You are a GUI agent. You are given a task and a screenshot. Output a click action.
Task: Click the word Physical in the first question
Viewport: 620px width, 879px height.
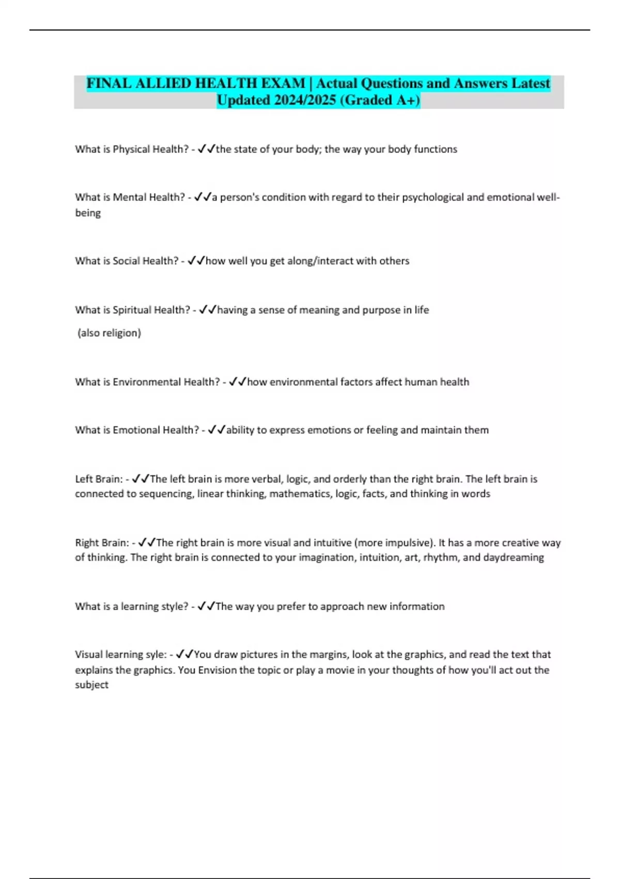coord(132,149)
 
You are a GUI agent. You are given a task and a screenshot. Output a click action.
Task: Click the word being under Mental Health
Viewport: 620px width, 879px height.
coord(88,213)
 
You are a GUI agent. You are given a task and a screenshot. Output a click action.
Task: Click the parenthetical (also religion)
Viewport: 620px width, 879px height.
coord(109,332)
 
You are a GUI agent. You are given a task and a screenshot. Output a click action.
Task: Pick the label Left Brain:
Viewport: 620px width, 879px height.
coord(99,479)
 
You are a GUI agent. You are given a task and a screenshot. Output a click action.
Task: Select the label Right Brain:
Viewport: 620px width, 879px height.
coord(102,542)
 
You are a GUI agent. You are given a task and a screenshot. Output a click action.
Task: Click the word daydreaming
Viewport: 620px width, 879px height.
coord(513,557)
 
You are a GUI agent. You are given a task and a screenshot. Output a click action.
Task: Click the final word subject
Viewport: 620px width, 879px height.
coord(91,685)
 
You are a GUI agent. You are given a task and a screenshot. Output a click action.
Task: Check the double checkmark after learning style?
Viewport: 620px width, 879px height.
coord(206,606)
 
